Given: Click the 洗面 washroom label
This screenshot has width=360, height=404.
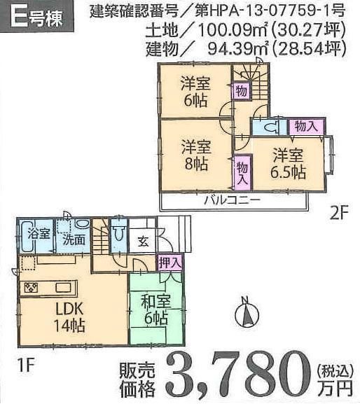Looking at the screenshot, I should click(x=73, y=238).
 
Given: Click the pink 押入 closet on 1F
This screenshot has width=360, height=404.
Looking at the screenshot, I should click(x=170, y=262).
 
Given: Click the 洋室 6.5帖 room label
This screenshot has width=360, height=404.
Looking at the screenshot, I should click(x=289, y=162).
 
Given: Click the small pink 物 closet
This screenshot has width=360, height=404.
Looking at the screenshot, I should click(x=241, y=90).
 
